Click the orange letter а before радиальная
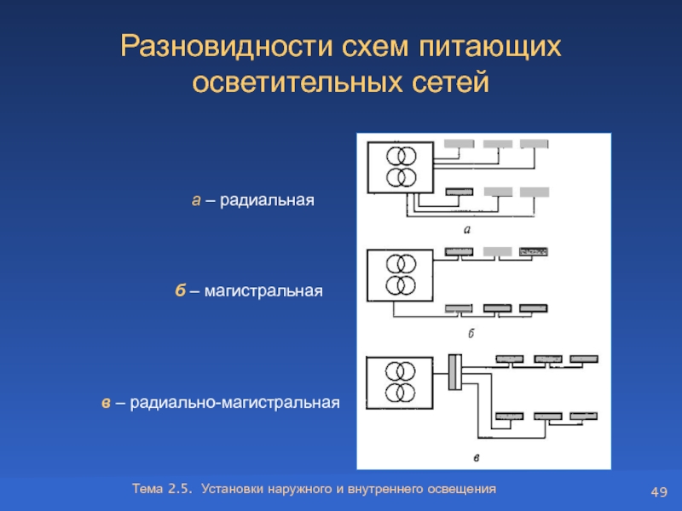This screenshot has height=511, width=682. click(x=195, y=200)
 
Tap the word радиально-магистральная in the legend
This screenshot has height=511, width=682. click(x=236, y=401)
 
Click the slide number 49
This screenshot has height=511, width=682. click(x=658, y=492)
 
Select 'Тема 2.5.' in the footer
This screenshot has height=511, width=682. click(x=163, y=489)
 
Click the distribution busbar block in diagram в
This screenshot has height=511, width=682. click(x=454, y=372)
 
